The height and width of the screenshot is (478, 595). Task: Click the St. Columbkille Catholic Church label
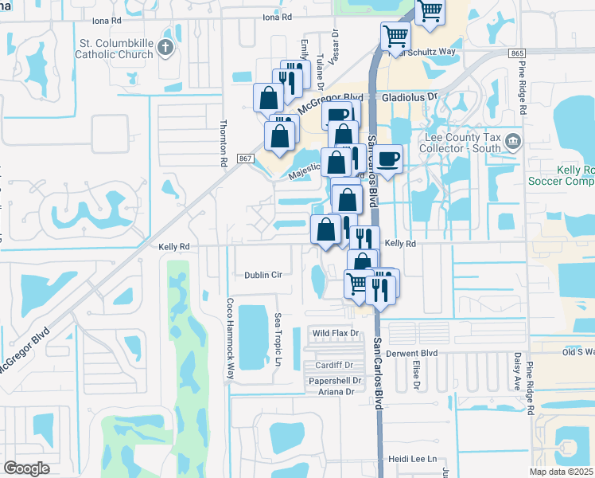pyautogui.click(x=114, y=49)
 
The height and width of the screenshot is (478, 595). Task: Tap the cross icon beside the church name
pyautogui.click(x=165, y=48)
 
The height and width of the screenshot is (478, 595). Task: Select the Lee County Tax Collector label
pyautogui.click(x=464, y=142)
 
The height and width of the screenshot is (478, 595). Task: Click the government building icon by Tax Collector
pyautogui.click(x=513, y=142)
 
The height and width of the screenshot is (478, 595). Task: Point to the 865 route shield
pyautogui.click(x=518, y=53)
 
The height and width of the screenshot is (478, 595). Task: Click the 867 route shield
pyautogui.click(x=245, y=159)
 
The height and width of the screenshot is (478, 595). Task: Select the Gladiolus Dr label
pyautogui.click(x=410, y=96)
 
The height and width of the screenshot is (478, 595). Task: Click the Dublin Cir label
pyautogui.click(x=263, y=275)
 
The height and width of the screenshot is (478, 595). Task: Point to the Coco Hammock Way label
pyautogui.click(x=230, y=329)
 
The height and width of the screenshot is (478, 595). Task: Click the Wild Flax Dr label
pyautogui.click(x=336, y=333)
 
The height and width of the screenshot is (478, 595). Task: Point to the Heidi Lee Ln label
pyautogui.click(x=413, y=460)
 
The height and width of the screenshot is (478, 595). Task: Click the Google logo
pyautogui.click(x=26, y=468)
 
